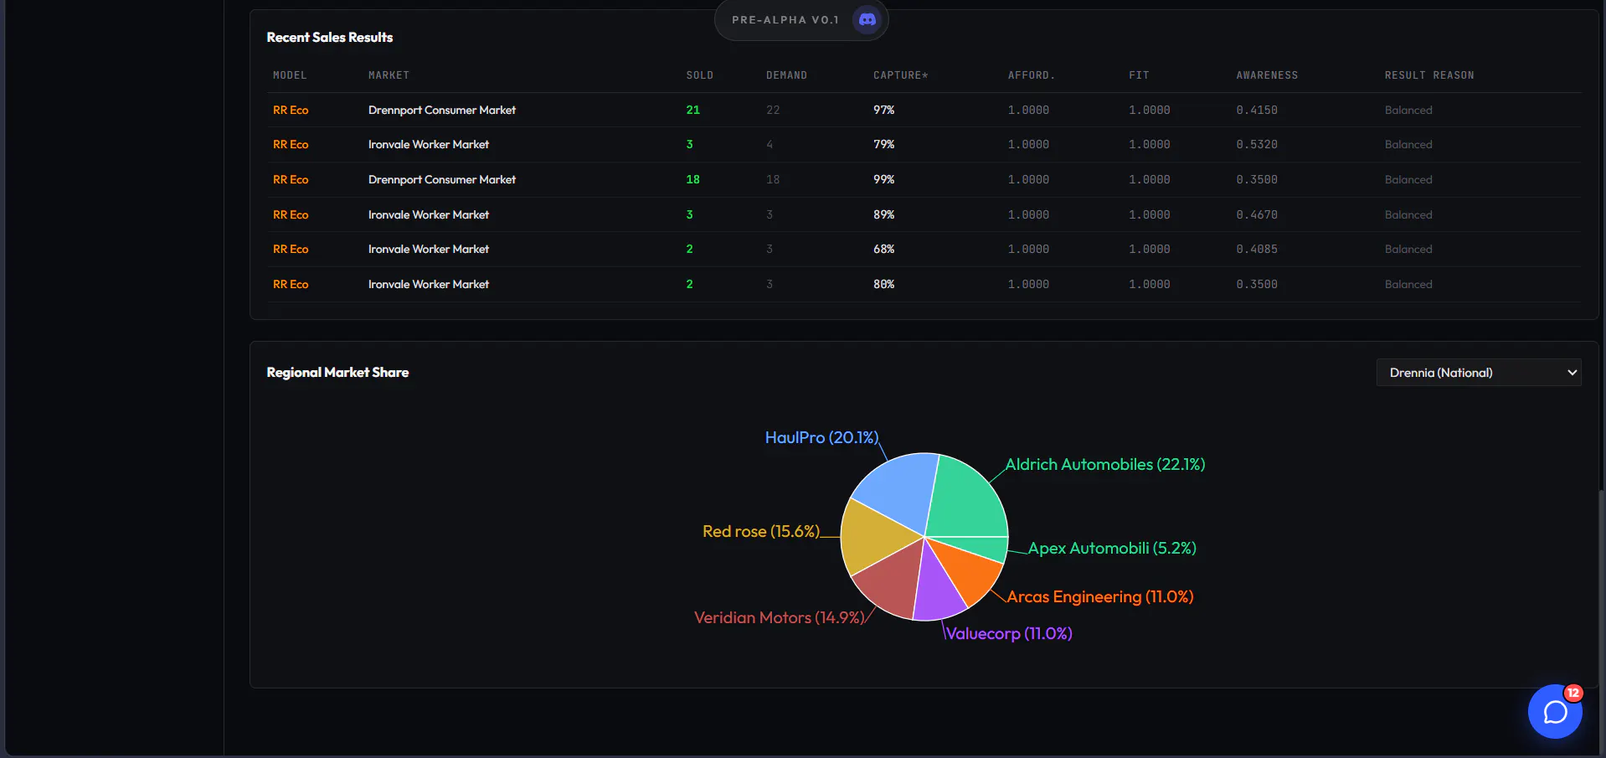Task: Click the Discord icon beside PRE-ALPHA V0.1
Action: (867, 19)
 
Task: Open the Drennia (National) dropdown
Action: (1478, 373)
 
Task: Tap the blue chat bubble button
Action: (1555, 711)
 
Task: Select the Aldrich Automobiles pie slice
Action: (967, 498)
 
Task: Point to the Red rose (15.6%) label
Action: (761, 532)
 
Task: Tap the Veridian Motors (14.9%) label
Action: (779, 618)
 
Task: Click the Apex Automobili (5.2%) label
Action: (1112, 549)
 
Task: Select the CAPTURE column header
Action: (900, 75)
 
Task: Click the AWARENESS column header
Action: (1267, 75)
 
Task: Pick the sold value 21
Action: (692, 110)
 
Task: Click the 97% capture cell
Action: (883, 110)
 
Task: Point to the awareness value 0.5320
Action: (1257, 145)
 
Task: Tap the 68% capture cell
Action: (883, 250)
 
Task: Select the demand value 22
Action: (772, 110)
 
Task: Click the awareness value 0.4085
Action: (1257, 250)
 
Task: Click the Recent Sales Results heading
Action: (329, 38)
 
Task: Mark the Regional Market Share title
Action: (337, 373)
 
